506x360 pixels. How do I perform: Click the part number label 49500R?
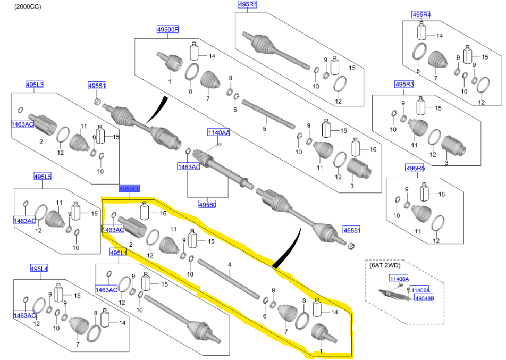[x=167, y=29]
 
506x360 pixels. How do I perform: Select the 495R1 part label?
[x=247, y=5]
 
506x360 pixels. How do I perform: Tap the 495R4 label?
[x=421, y=14]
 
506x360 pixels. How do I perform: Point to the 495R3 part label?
[x=404, y=85]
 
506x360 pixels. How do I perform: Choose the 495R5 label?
[x=415, y=168]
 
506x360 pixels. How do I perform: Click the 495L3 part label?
[x=35, y=85]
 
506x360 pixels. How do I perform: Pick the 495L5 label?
[x=43, y=177]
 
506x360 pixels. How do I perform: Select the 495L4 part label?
[x=39, y=269]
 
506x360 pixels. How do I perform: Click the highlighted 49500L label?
[x=129, y=189]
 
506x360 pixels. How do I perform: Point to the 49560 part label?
[x=208, y=204]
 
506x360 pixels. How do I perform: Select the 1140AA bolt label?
[x=218, y=132]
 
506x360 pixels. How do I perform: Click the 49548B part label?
[x=425, y=298]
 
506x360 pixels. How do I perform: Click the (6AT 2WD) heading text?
[x=385, y=264]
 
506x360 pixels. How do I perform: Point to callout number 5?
[x=264, y=129]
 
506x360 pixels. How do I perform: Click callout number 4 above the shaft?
[x=230, y=264]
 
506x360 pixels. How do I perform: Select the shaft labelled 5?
[x=268, y=114]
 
